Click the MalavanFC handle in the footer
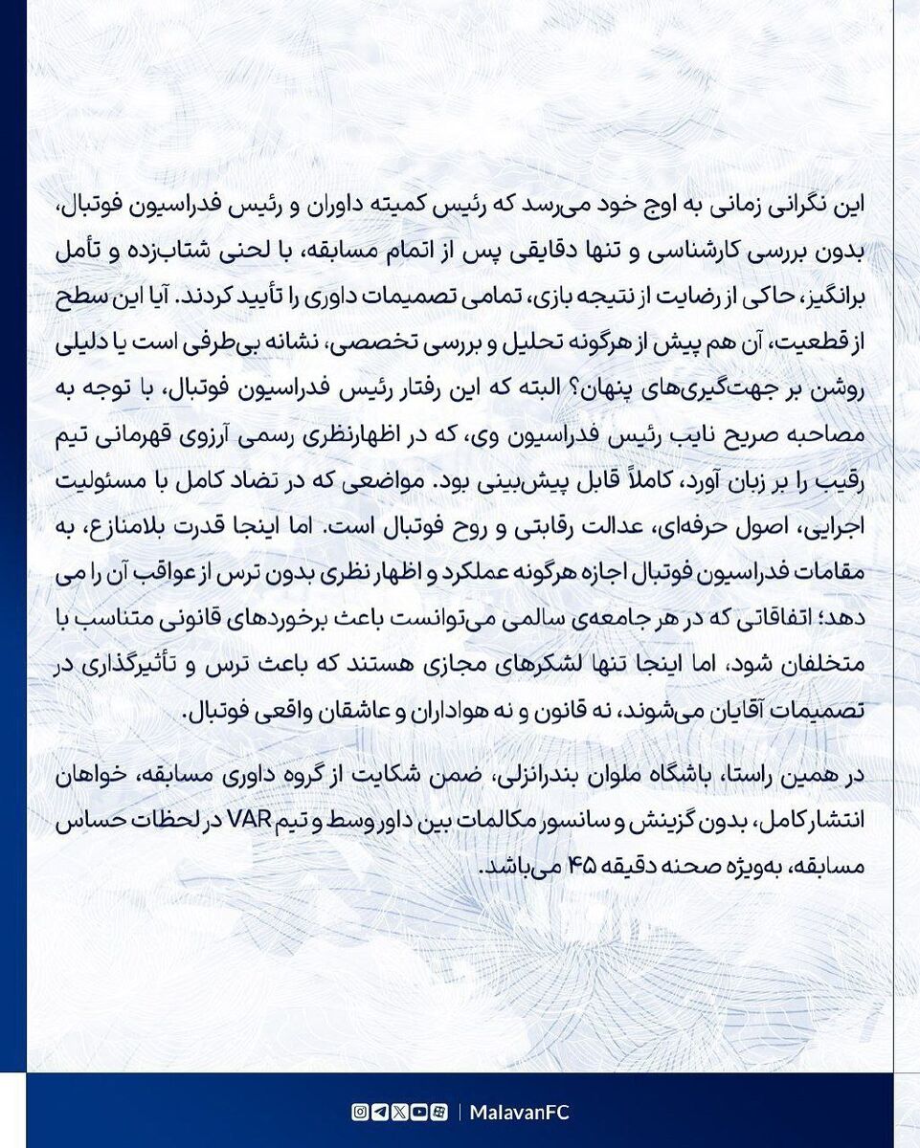(521, 1113)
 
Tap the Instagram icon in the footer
(359, 1113)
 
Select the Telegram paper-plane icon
(379, 1113)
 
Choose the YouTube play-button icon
(418, 1113)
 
